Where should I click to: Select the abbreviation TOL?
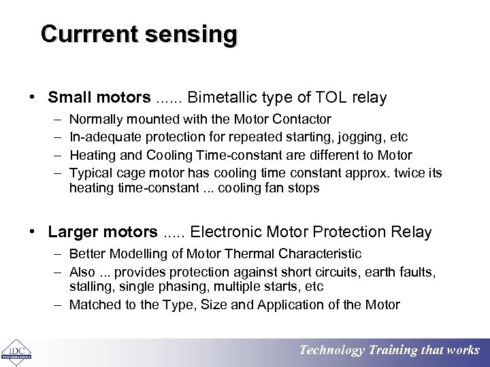(331, 98)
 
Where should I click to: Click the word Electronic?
(223, 232)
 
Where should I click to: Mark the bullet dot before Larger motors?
(33, 232)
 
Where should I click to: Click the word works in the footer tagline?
(463, 351)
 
